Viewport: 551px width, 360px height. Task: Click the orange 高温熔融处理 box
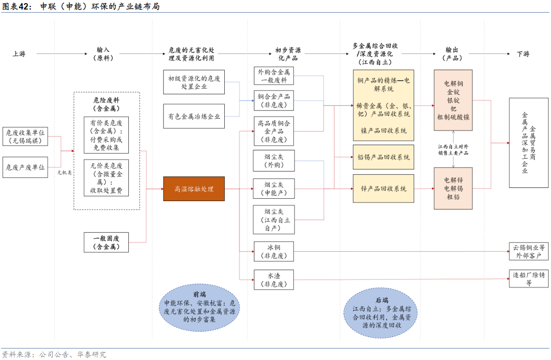194,189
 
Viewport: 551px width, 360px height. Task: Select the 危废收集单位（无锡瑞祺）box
25,137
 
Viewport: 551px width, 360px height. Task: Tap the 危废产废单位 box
25,167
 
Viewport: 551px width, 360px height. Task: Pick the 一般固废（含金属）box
106,242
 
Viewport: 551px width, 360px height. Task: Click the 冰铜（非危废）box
274,251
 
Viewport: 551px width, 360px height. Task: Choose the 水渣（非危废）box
274,279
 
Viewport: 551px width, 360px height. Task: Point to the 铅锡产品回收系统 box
383,157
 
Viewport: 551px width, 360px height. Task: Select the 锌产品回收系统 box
383,188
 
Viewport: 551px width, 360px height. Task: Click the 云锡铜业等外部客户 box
528,251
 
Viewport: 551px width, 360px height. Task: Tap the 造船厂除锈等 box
528,278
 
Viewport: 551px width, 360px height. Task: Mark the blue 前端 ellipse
199,307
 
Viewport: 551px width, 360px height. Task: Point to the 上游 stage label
19,54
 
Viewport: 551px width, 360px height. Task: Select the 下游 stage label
523,54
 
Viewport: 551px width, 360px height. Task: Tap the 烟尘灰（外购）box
274,161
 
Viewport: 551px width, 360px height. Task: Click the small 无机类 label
64,173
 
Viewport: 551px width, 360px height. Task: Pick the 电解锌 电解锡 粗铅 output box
453,188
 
